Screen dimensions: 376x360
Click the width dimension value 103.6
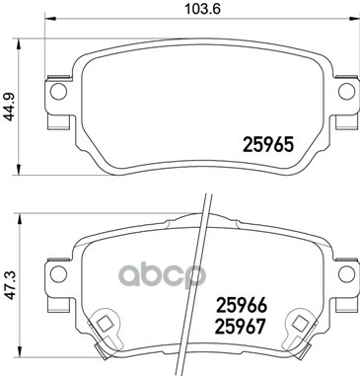pos(198,10)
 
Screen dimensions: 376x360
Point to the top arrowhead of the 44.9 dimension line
pos(24,40)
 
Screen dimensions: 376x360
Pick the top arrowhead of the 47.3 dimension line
pos(24,213)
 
